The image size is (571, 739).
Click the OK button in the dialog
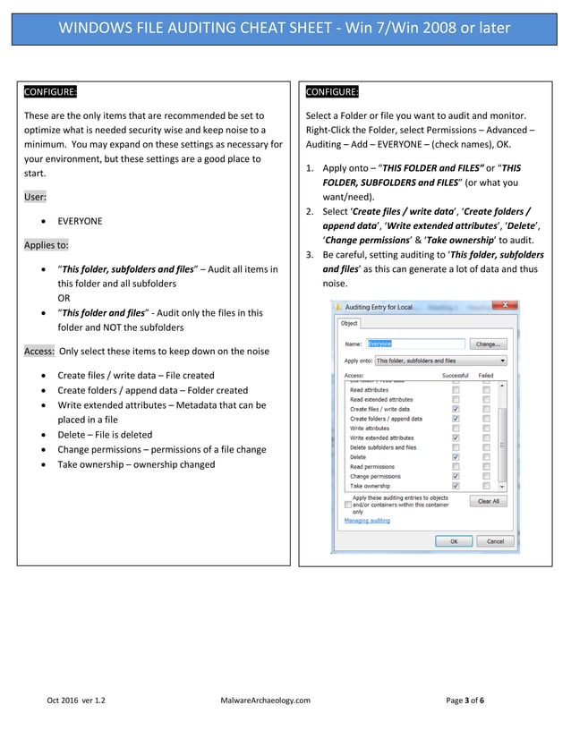click(453, 540)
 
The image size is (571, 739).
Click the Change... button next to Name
click(488, 344)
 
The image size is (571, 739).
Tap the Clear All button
click(488, 501)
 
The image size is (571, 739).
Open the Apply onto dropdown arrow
click(502, 361)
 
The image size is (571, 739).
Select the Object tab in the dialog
click(349, 323)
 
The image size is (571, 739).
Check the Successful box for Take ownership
click(456, 486)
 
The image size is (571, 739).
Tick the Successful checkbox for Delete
click(456, 457)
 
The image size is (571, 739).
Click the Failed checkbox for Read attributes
click(486, 390)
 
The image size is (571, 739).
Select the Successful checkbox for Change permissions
click(456, 476)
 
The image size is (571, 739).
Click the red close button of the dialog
click(509, 306)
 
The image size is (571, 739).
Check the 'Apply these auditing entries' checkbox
click(348, 505)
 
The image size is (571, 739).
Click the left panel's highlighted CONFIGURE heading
click(50, 92)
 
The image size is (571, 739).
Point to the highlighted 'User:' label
click(36, 195)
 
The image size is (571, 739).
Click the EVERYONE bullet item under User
click(80, 221)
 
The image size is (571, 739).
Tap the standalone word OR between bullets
click(64, 297)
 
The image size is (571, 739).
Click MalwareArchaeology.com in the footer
click(265, 700)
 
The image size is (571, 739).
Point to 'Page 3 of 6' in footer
click(464, 700)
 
